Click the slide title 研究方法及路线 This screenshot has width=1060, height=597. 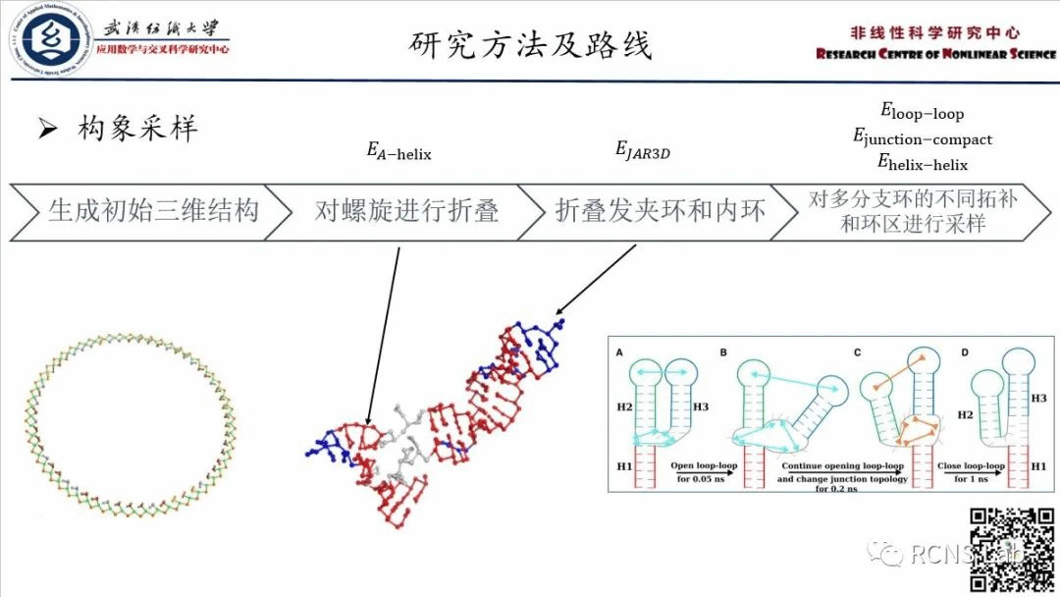[x=530, y=44]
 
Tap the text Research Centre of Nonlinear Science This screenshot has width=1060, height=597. [x=935, y=54]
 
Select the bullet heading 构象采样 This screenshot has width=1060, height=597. [x=136, y=128]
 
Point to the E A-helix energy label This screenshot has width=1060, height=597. [x=398, y=152]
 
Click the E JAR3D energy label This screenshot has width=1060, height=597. [x=642, y=150]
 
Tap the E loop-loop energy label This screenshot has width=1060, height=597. [x=922, y=113]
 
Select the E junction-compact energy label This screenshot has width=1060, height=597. [x=922, y=138]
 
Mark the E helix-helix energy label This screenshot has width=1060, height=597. [x=922, y=163]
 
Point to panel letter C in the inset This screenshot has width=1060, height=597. [x=858, y=352]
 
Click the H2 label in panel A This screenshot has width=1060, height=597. [x=624, y=406]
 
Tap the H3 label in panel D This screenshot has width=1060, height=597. [x=1040, y=399]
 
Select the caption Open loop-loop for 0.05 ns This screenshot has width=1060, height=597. [x=705, y=471]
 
